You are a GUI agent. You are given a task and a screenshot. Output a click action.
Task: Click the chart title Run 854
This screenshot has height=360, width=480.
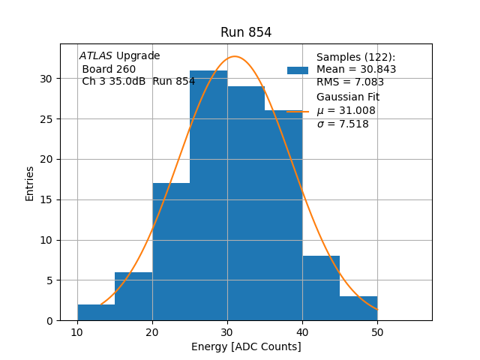click(246, 32)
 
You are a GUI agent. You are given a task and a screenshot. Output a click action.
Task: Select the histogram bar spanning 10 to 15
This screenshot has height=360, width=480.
click(96, 312)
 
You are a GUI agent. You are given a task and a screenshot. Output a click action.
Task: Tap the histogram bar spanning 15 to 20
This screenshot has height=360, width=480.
click(133, 296)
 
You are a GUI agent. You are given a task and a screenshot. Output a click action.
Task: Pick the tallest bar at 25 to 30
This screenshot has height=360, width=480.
click(208, 195)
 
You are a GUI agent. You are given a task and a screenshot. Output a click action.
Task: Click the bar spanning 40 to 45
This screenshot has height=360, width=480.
click(321, 288)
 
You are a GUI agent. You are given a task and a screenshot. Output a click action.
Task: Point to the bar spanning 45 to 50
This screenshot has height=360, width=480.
click(358, 308)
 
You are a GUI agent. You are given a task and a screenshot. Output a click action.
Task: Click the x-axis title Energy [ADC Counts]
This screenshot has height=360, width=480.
click(246, 346)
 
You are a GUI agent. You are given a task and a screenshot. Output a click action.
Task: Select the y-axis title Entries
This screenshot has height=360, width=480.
click(30, 183)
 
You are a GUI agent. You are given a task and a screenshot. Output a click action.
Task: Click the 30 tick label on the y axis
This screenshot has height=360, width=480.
click(46, 79)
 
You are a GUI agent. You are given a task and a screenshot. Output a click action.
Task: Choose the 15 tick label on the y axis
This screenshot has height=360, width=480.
click(46, 199)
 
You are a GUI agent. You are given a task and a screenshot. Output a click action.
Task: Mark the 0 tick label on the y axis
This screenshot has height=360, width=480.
click(49, 321)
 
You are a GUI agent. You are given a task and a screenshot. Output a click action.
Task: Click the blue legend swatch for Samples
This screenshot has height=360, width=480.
click(298, 70)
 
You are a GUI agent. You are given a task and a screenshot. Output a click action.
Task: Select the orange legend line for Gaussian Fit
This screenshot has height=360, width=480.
click(298, 111)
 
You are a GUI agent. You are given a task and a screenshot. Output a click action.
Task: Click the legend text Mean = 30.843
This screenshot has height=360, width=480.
click(356, 70)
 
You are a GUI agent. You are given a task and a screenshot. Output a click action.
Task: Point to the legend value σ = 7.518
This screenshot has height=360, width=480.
click(343, 124)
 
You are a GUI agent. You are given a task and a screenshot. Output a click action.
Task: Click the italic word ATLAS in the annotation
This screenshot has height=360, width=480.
click(96, 56)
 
